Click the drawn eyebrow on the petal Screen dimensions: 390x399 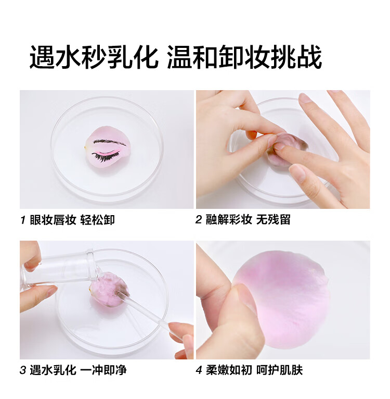tap(110, 142)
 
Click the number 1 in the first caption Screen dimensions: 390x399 tap(23, 220)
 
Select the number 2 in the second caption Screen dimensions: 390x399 tap(199, 220)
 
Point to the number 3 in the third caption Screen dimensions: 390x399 tap(23, 370)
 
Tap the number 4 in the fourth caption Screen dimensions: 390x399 tap(199, 370)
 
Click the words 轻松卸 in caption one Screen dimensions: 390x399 tap(98, 220)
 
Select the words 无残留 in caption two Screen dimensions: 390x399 tap(273, 220)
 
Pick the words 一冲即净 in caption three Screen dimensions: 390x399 tap(103, 370)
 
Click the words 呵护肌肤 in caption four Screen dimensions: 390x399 tap(279, 370)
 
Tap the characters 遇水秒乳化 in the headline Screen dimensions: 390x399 tap(94, 57)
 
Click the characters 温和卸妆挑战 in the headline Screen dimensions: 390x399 tap(245, 57)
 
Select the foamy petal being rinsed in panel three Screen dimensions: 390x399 tap(109, 289)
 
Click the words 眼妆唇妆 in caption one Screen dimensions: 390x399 tap(53, 220)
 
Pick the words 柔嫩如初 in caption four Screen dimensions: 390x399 tap(229, 370)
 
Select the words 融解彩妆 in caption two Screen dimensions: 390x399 tap(229, 220)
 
